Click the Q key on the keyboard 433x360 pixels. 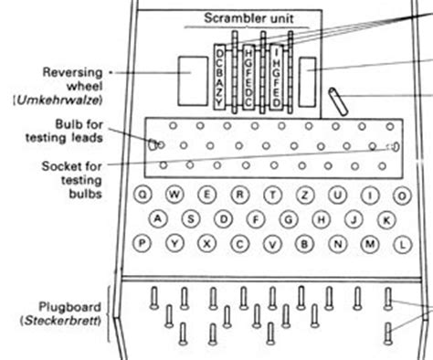click(x=143, y=195)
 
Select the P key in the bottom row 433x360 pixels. click(x=143, y=242)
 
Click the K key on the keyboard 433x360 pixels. click(x=386, y=219)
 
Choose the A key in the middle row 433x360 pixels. click(x=158, y=219)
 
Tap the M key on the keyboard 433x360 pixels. click(x=370, y=243)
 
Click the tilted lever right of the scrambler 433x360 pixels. click(x=335, y=97)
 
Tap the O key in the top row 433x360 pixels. click(x=369, y=195)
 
